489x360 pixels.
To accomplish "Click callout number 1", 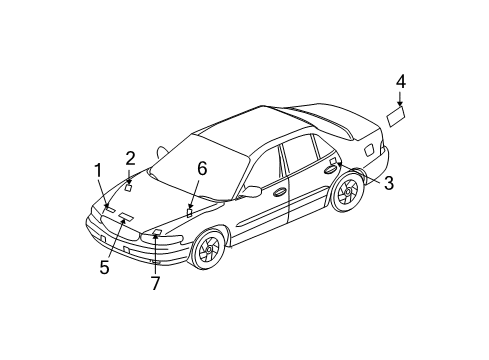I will click(98, 170).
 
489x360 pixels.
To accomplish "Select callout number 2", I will click(130, 157).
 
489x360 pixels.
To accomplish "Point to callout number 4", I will click(400, 81).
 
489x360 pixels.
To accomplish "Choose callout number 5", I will click(104, 267).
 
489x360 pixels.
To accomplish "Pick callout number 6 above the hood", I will click(202, 170).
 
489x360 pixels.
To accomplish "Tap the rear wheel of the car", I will click(346, 191).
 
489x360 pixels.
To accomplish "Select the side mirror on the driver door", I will click(251, 190).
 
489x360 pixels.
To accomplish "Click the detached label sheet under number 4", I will click(397, 118).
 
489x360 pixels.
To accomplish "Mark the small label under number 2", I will click(129, 186).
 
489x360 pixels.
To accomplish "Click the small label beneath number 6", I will click(189, 212).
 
